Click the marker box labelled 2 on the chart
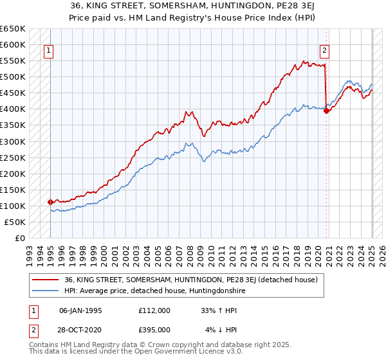click(325, 50)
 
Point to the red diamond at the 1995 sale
click(50, 202)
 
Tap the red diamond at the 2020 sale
click(327, 111)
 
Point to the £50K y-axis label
click(15, 222)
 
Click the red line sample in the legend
click(45, 280)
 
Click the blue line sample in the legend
click(45, 291)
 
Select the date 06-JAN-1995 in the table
click(80, 310)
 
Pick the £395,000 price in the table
click(154, 330)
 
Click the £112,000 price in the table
click(154, 310)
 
